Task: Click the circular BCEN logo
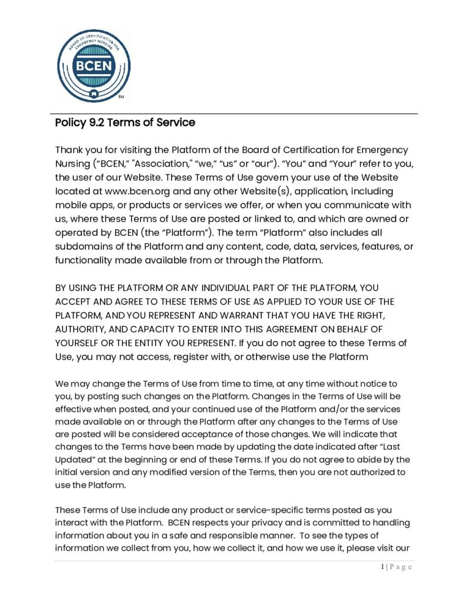click(94, 66)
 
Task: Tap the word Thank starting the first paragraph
click(69, 151)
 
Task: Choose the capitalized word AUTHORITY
click(82, 329)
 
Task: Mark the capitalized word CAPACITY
click(162, 329)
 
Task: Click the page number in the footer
click(382, 567)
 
